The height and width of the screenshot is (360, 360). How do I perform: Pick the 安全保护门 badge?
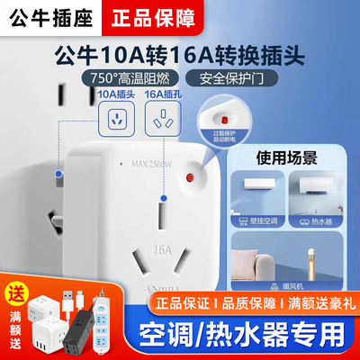click(x=249, y=77)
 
